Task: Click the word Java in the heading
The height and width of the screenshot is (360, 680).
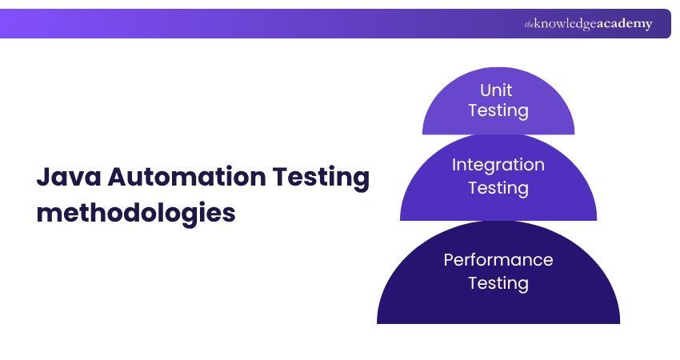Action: click(66, 178)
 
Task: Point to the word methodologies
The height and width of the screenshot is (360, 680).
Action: click(136, 214)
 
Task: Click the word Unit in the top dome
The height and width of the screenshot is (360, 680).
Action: click(497, 90)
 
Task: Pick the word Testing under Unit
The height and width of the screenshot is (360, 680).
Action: click(498, 110)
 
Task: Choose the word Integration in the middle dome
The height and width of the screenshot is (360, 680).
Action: click(498, 165)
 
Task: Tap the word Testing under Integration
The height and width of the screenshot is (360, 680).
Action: click(498, 188)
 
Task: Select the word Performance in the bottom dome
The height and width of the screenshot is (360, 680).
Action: click(498, 260)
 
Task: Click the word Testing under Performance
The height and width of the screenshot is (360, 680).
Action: click(498, 283)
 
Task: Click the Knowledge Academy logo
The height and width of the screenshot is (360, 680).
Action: click(588, 24)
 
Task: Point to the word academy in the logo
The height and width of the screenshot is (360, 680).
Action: click(624, 24)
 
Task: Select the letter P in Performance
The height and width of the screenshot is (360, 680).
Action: click(449, 260)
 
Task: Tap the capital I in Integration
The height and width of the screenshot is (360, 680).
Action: click(454, 165)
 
